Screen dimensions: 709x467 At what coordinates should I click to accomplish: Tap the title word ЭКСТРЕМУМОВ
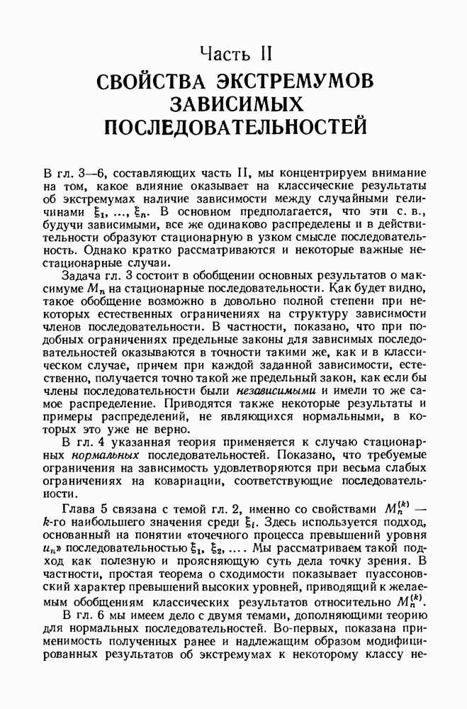(x=298, y=82)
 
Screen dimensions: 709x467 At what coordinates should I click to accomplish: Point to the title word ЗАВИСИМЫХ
(x=234, y=104)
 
